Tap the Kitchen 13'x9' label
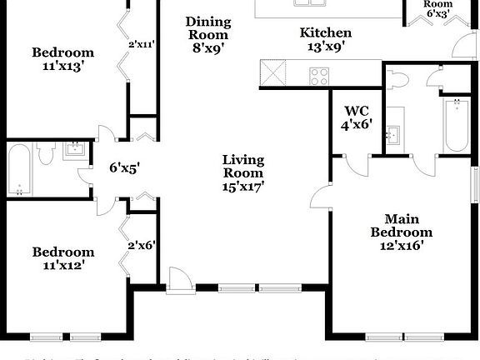pyautogui.click(x=326, y=40)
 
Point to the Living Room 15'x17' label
pyautogui.click(x=242, y=173)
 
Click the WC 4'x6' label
pyautogui.click(x=357, y=117)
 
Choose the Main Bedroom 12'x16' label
pyautogui.click(x=402, y=232)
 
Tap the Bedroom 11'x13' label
pyautogui.click(x=63, y=60)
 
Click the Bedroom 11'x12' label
pyautogui.click(x=63, y=258)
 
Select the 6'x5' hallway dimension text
pyautogui.click(x=124, y=167)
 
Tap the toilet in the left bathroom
pyautogui.click(x=47, y=155)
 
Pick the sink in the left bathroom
pyautogui.click(x=75, y=151)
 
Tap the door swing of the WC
pyautogui.click(x=357, y=163)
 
